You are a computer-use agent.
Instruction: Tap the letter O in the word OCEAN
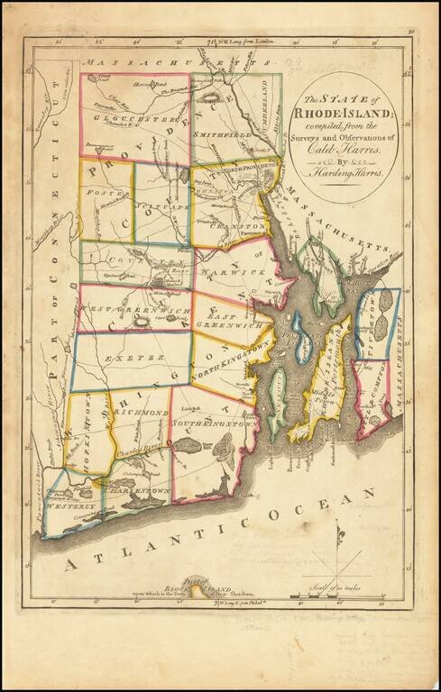coord(277,514)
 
